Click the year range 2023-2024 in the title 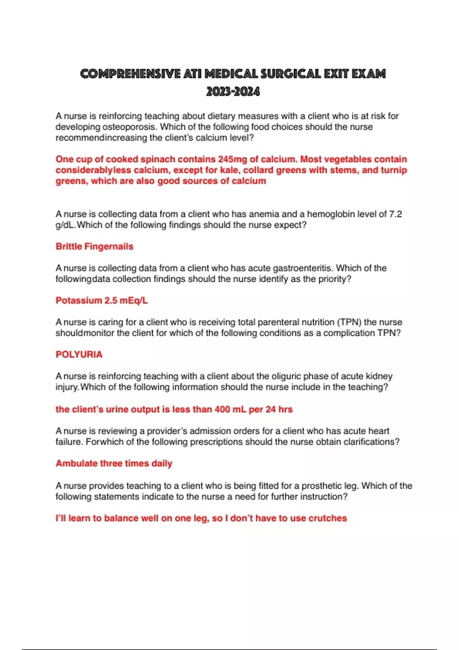233,92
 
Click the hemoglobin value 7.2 395,214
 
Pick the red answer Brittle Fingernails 94,246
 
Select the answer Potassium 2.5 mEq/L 102,301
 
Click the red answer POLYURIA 79,354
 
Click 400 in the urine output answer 222,409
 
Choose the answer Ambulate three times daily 114,463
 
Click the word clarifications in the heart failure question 369,442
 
